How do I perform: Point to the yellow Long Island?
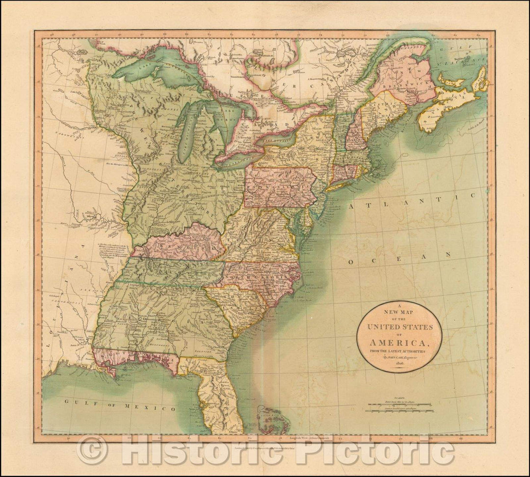[x=344, y=185]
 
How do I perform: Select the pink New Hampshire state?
[x=356, y=130]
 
